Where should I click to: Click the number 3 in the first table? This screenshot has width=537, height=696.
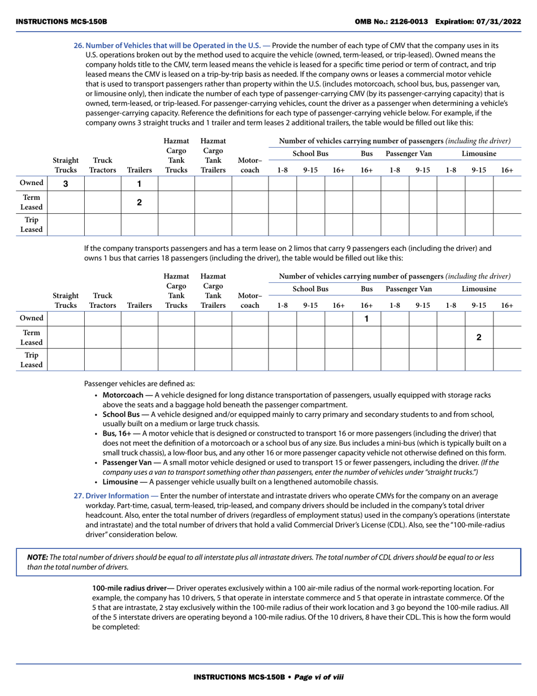click(66, 183)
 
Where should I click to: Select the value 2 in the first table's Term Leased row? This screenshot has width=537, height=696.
click(140, 202)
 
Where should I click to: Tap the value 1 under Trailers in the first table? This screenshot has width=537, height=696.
click(140, 183)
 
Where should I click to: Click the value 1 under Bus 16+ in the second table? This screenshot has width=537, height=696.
click(366, 319)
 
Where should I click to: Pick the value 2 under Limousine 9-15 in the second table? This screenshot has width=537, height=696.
click(479, 337)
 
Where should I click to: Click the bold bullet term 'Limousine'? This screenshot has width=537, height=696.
click(120, 482)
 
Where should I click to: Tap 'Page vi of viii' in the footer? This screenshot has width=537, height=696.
click(319, 677)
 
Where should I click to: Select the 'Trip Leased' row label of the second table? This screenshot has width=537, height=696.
click(32, 360)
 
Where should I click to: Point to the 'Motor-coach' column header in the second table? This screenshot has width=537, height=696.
click(250, 300)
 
